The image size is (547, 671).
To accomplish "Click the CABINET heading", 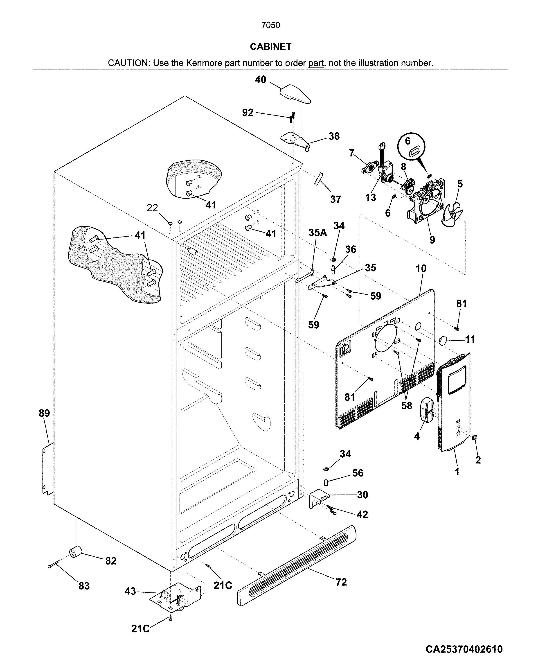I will pos(271,47).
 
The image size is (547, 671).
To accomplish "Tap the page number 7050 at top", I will pos(271,25).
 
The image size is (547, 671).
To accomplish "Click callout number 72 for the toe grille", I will pos(341,582).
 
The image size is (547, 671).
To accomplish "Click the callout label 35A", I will pos(318,233).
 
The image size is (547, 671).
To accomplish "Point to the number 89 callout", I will pos(44,413).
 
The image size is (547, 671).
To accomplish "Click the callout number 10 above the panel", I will pos(421,269).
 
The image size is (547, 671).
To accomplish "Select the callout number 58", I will pos(406,406).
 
